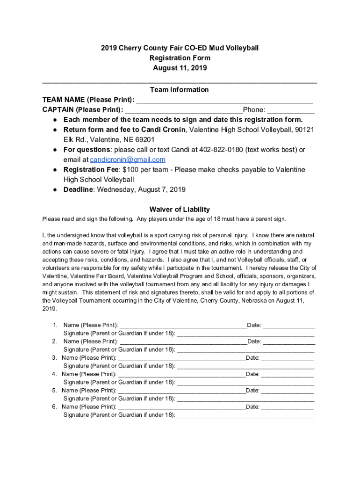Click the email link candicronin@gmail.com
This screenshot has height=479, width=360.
(127, 160)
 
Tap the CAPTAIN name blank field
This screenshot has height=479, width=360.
(184, 110)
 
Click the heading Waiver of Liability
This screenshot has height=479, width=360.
(180, 210)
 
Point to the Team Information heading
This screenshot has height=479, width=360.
(180, 90)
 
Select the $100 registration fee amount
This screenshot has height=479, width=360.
(125, 169)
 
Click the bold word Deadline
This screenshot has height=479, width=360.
(78, 190)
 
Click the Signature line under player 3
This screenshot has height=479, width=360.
(245, 366)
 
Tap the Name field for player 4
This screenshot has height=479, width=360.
(181, 375)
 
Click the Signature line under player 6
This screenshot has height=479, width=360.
(245, 415)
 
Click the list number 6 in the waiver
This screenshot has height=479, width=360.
(55, 407)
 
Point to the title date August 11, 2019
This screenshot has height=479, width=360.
(180, 68)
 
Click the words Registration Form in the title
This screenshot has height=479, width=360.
(180, 58)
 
